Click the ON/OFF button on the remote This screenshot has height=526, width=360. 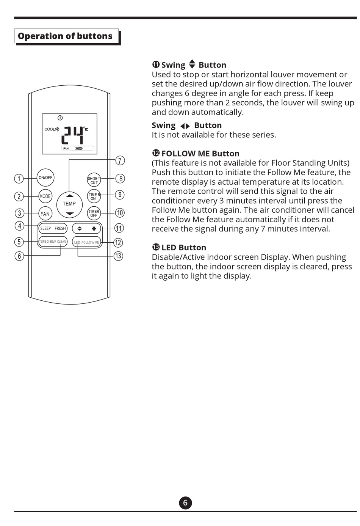(45, 177)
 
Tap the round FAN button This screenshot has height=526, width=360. (45, 214)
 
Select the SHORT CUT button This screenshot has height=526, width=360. (94, 181)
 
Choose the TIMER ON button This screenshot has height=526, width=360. (94, 196)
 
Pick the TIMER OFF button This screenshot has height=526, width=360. (94, 214)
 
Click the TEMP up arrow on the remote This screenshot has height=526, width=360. (69, 196)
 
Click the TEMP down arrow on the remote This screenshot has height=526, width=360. (69, 214)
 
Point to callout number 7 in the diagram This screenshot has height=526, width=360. (120, 161)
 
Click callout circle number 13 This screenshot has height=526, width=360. (118, 256)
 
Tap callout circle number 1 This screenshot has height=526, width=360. (19, 178)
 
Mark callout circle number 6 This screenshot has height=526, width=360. (19, 256)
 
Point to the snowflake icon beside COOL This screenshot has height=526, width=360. (57, 129)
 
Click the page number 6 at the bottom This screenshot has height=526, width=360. (185, 503)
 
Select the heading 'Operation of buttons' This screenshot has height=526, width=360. (65, 36)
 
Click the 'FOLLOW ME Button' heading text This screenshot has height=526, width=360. (200, 154)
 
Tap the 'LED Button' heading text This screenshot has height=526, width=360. (184, 248)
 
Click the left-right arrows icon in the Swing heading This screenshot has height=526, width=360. (185, 126)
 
